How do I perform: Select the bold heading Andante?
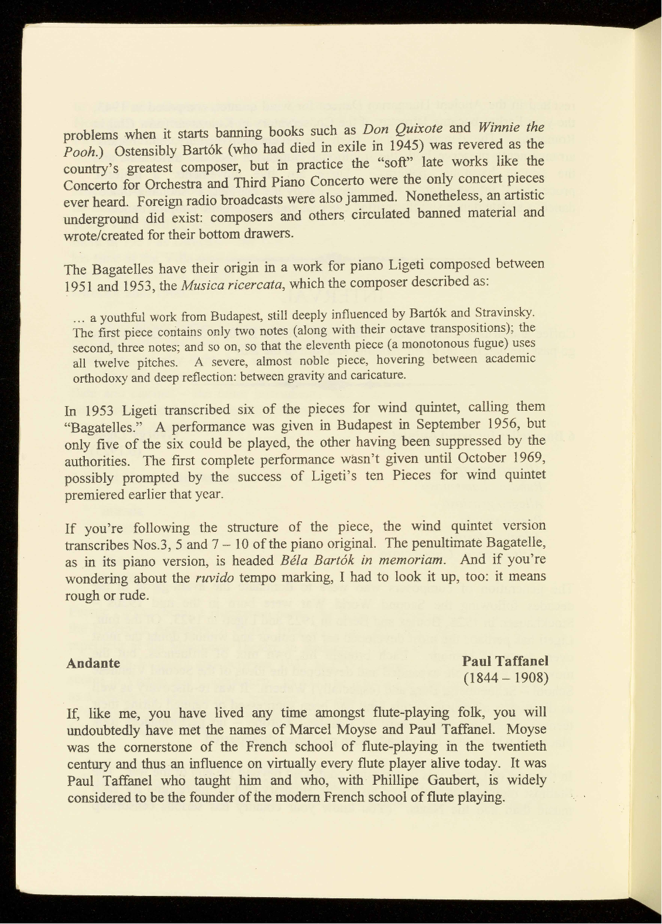[93, 663]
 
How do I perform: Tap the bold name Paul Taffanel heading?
[505, 661]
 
